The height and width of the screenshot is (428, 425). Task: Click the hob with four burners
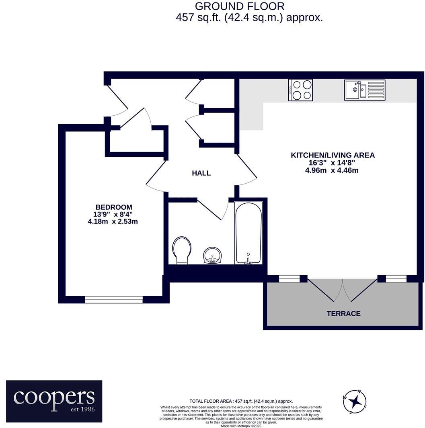point(300,90)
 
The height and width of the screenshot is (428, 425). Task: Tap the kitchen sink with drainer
point(364,90)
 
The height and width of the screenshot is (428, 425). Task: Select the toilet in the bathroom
point(182,250)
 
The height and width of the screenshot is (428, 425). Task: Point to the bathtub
point(248,233)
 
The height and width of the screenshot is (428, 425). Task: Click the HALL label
point(201,173)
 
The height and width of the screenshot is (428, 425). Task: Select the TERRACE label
point(343,313)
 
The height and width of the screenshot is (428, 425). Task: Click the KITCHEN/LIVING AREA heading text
point(333,155)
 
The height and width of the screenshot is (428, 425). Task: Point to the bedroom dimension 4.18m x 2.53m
point(113,221)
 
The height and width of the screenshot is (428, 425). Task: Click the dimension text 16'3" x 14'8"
point(332,163)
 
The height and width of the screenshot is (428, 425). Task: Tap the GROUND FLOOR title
point(240,6)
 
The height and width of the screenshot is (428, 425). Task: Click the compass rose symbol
point(355,401)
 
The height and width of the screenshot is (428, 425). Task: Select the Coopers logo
point(54,401)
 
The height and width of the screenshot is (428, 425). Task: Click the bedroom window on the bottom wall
point(114,299)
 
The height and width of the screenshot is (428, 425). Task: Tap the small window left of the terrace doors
point(289,279)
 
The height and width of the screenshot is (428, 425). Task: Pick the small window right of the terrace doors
point(396,279)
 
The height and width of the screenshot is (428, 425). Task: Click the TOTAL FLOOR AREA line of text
point(241,401)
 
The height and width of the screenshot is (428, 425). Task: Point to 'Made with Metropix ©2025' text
point(241,426)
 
